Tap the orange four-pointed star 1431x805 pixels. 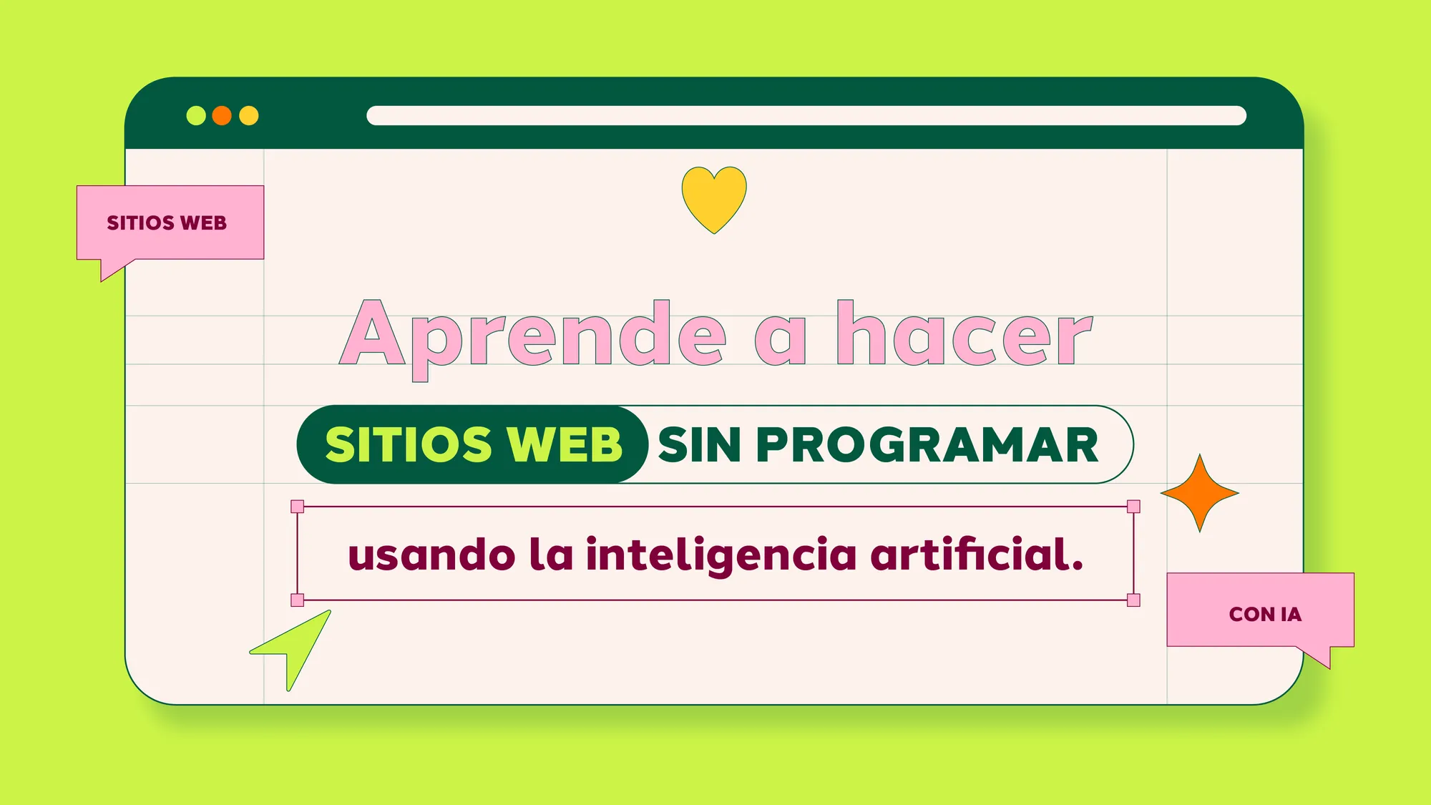(x=1200, y=493)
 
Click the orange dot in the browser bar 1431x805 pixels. (x=222, y=115)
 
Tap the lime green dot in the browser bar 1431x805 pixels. (x=196, y=115)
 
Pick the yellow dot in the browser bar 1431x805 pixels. (x=249, y=115)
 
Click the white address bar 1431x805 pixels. (x=806, y=115)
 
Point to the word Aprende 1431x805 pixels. (x=533, y=335)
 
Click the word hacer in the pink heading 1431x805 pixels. (x=964, y=335)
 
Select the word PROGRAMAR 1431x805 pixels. (x=927, y=445)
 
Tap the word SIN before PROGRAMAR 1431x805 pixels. (x=699, y=445)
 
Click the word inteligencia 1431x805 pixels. (x=721, y=555)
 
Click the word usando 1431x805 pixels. (x=431, y=555)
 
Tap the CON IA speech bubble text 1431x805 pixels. (x=1265, y=614)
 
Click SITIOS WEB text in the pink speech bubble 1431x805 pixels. (x=167, y=223)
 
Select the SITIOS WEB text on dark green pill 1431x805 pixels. (x=474, y=445)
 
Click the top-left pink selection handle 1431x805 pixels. (x=298, y=507)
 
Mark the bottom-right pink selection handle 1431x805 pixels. (x=1133, y=600)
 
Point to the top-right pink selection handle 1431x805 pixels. (x=1133, y=507)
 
